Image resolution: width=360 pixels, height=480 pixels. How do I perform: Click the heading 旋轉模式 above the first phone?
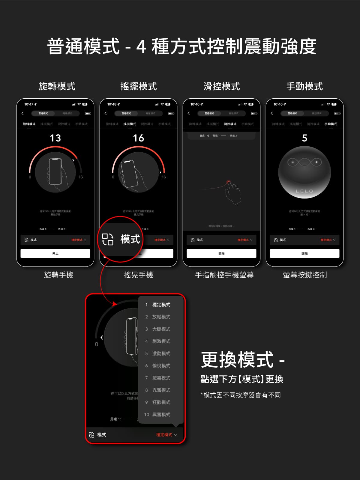tap(57, 86)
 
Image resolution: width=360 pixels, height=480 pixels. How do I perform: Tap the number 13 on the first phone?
tap(55, 138)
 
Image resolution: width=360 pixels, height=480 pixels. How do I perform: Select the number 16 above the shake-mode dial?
tap(138, 138)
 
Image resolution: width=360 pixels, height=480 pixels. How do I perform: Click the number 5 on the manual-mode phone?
tap(304, 138)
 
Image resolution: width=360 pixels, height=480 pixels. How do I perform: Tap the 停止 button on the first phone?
tap(55, 253)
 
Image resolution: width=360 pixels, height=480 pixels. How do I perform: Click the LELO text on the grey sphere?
tap(304, 191)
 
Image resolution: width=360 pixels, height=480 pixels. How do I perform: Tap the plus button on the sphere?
tap(316, 162)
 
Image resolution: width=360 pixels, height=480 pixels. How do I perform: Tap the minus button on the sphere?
tap(293, 162)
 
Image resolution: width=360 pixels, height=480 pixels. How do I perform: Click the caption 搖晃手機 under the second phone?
tap(138, 275)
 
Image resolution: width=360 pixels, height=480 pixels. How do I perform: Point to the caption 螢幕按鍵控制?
tap(305, 275)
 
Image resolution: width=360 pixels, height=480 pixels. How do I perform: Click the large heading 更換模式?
tap(237, 359)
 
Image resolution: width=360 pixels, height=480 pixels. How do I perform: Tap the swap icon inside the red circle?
tap(108, 239)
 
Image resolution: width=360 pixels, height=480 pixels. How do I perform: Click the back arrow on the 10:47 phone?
tap(22, 113)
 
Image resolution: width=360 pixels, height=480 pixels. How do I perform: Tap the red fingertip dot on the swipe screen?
tap(229, 182)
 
